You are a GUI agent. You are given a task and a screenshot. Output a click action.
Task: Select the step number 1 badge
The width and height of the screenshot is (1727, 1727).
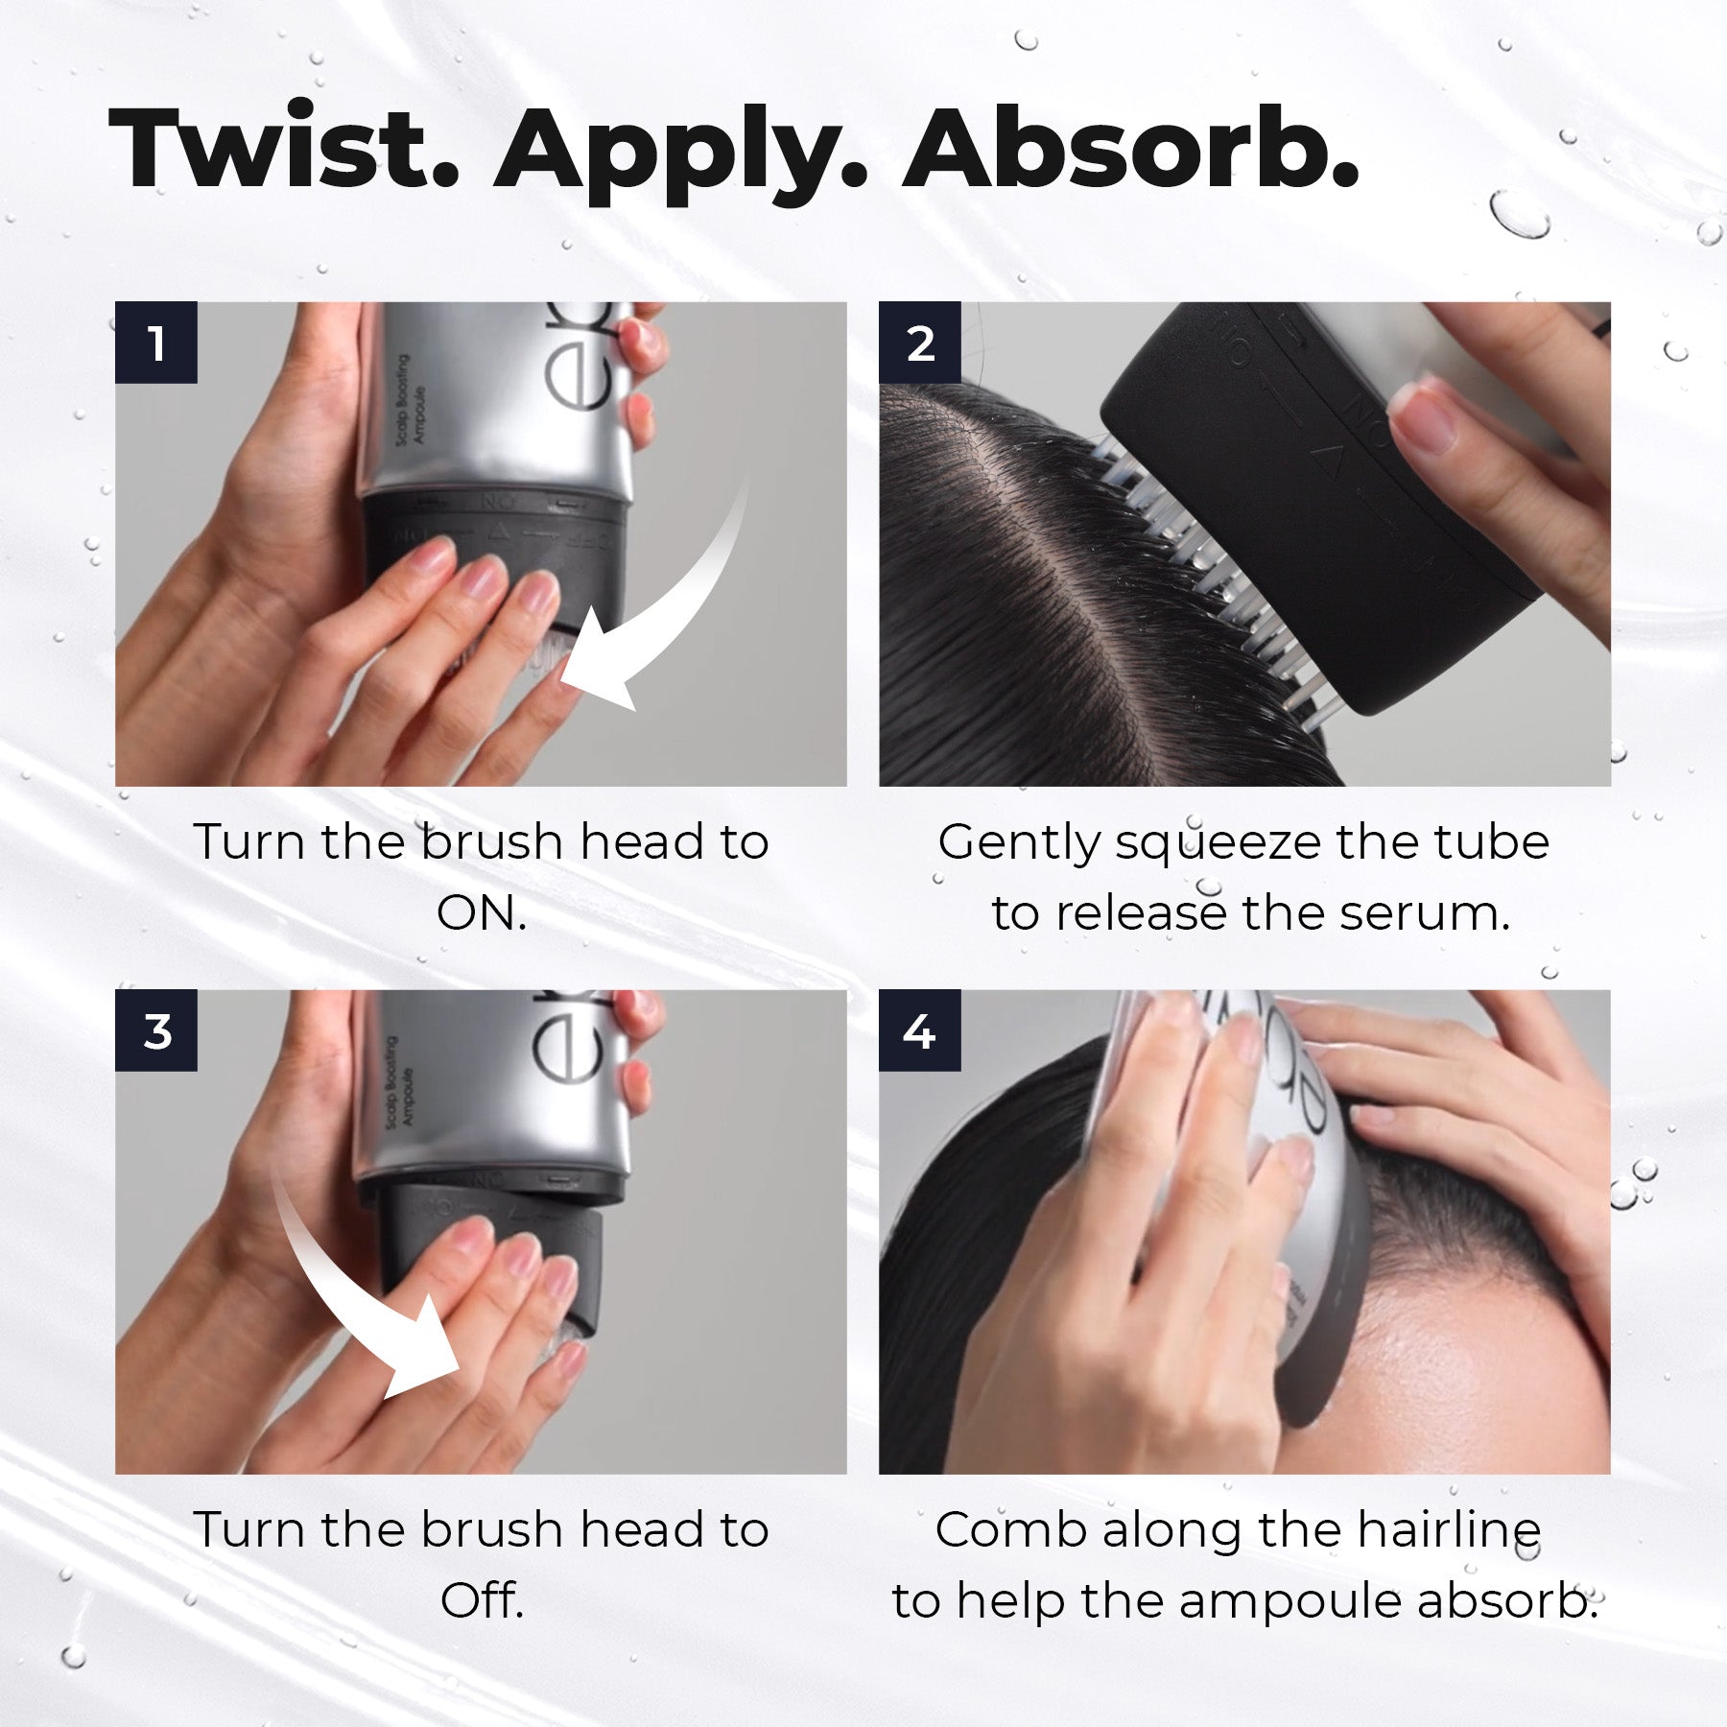click(x=156, y=343)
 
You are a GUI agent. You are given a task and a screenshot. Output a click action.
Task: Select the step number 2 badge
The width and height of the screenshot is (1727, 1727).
click(x=920, y=343)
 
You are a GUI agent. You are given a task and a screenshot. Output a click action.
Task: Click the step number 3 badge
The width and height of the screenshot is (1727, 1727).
click(x=156, y=1030)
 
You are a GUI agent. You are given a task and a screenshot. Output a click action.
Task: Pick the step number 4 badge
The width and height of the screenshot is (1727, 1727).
click(x=920, y=1030)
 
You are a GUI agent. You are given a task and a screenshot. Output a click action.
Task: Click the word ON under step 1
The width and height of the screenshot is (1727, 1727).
click(x=481, y=913)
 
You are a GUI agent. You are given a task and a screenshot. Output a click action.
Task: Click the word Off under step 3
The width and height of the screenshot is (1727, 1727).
click(x=481, y=1600)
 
